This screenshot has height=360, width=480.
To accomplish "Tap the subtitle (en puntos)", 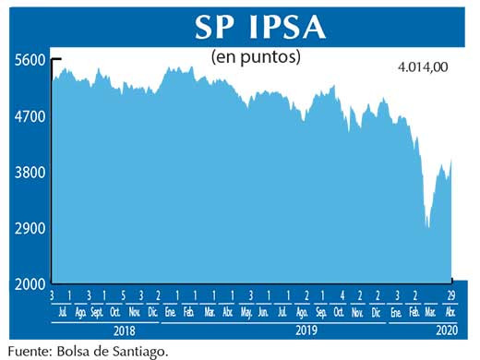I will coord(257,57).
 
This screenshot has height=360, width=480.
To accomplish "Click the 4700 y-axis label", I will coord(30,117).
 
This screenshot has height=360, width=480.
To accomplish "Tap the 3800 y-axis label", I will coord(30,173).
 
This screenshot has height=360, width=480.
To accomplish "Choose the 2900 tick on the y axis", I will coord(30,228).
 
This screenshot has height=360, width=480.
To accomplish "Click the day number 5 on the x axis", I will coord(124,295).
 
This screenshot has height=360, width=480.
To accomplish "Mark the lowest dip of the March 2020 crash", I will coord(427,226).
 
